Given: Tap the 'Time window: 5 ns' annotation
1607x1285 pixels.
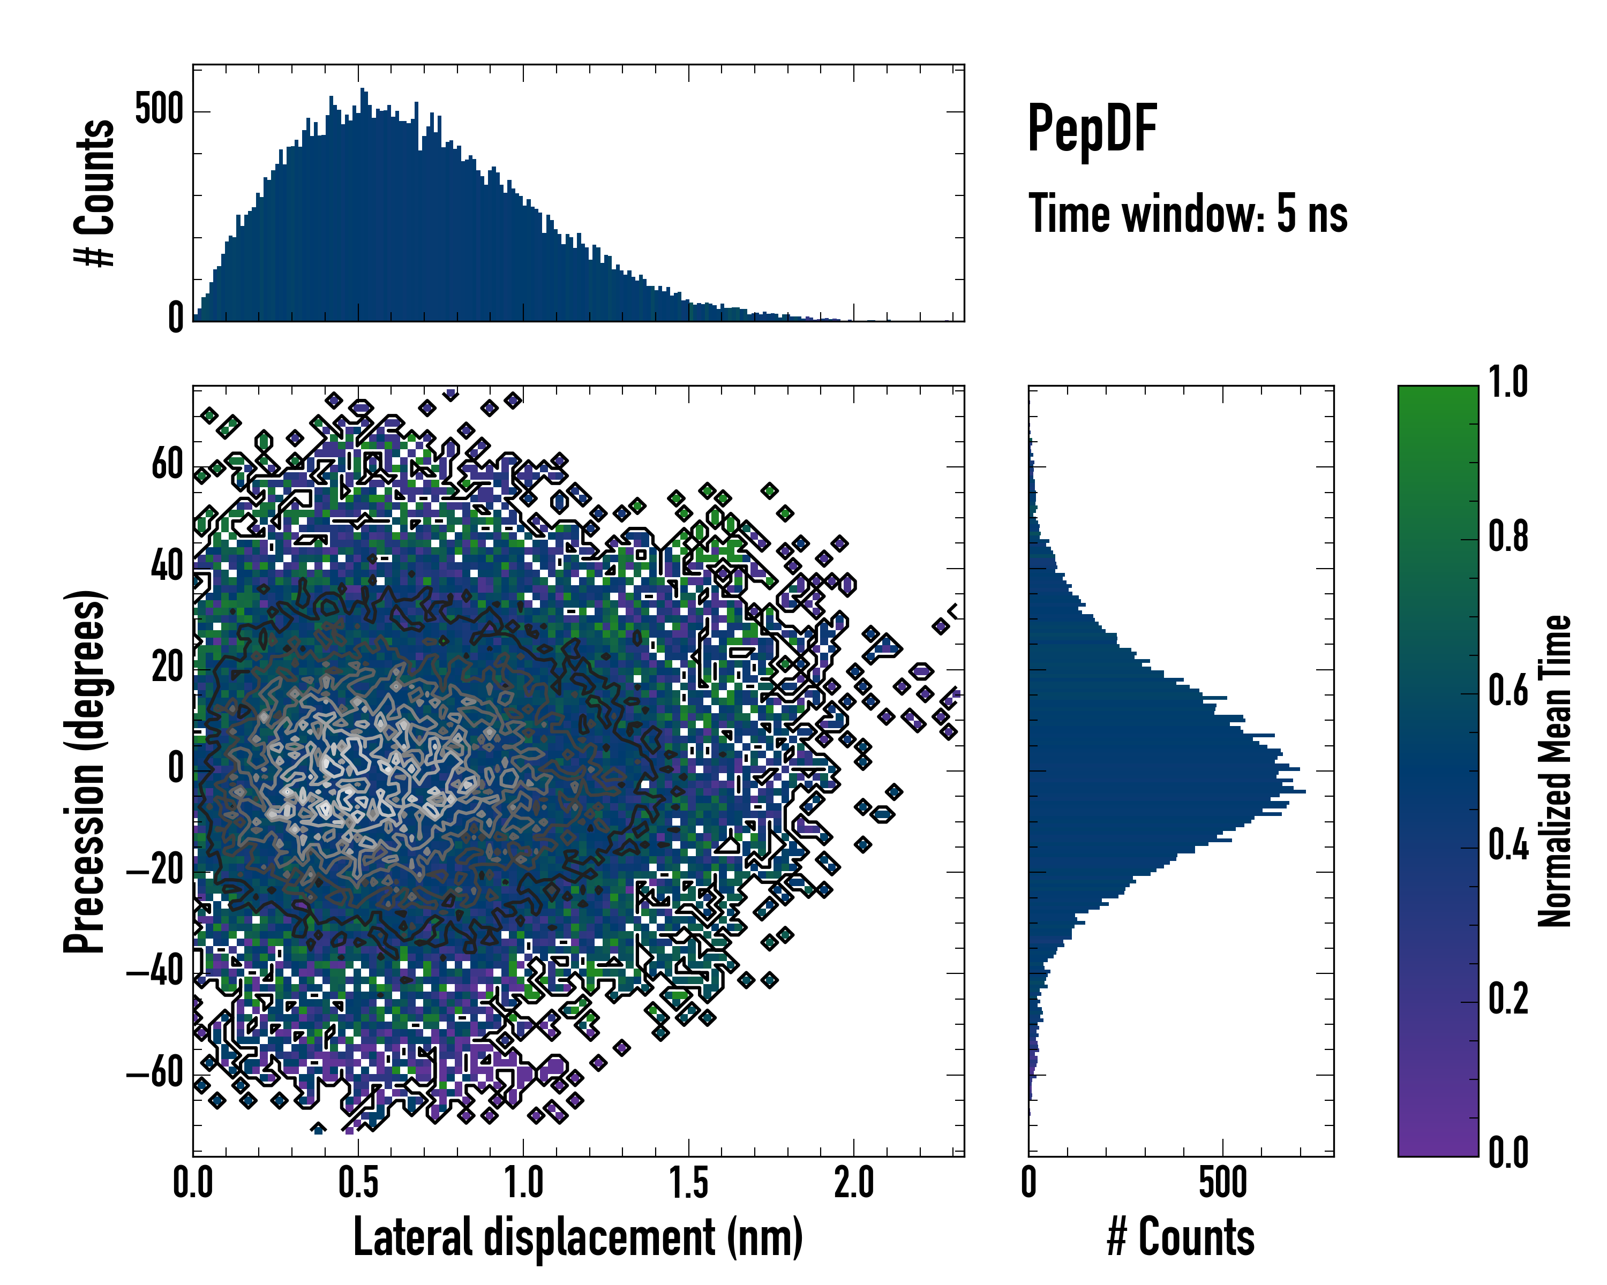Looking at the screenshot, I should point(1188,214).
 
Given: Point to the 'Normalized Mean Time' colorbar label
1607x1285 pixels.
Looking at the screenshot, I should point(1555,771).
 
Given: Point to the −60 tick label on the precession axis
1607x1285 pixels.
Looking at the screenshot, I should point(154,1074).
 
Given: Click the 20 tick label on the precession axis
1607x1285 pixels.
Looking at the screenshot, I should point(167,668).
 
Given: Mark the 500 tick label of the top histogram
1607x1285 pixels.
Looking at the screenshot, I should point(159,110).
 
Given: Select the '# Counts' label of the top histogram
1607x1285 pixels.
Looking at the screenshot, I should point(95,193).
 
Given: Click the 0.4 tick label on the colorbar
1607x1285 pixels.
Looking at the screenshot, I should point(1508,845).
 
